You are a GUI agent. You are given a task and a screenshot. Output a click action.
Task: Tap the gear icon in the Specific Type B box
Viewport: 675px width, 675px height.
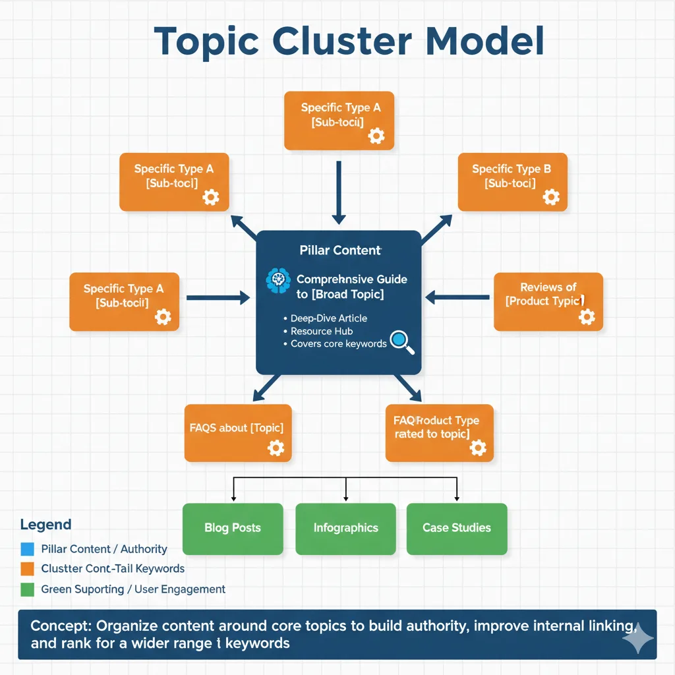550,196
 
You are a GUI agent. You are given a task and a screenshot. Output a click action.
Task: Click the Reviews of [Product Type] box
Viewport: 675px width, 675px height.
548,301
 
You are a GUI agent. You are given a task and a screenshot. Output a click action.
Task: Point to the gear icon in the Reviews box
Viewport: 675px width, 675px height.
586,316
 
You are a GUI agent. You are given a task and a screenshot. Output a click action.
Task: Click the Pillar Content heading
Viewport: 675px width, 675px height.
339,250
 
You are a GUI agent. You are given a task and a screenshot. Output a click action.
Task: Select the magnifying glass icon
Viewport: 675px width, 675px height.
401,341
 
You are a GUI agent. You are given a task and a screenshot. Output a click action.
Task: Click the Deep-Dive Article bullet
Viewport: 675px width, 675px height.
328,318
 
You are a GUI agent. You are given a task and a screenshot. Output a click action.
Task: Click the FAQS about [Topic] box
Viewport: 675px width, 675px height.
237,432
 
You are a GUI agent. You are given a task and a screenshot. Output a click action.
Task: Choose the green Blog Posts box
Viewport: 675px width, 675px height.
232,528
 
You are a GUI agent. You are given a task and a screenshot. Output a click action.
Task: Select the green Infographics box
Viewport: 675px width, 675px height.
345,528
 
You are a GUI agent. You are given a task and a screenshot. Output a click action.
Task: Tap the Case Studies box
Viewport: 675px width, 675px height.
457,528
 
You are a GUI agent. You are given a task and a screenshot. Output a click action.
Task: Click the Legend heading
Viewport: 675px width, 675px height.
45,525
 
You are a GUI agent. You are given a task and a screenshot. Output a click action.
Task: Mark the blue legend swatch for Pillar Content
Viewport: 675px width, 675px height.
27,548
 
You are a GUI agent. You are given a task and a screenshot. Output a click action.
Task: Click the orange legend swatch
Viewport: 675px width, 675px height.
27,568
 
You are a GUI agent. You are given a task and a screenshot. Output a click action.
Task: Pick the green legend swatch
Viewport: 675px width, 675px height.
27,589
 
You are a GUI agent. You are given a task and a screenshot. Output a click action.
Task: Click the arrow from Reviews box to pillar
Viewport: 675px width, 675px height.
457,298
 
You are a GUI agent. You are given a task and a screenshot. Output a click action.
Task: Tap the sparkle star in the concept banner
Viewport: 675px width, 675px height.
637,639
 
